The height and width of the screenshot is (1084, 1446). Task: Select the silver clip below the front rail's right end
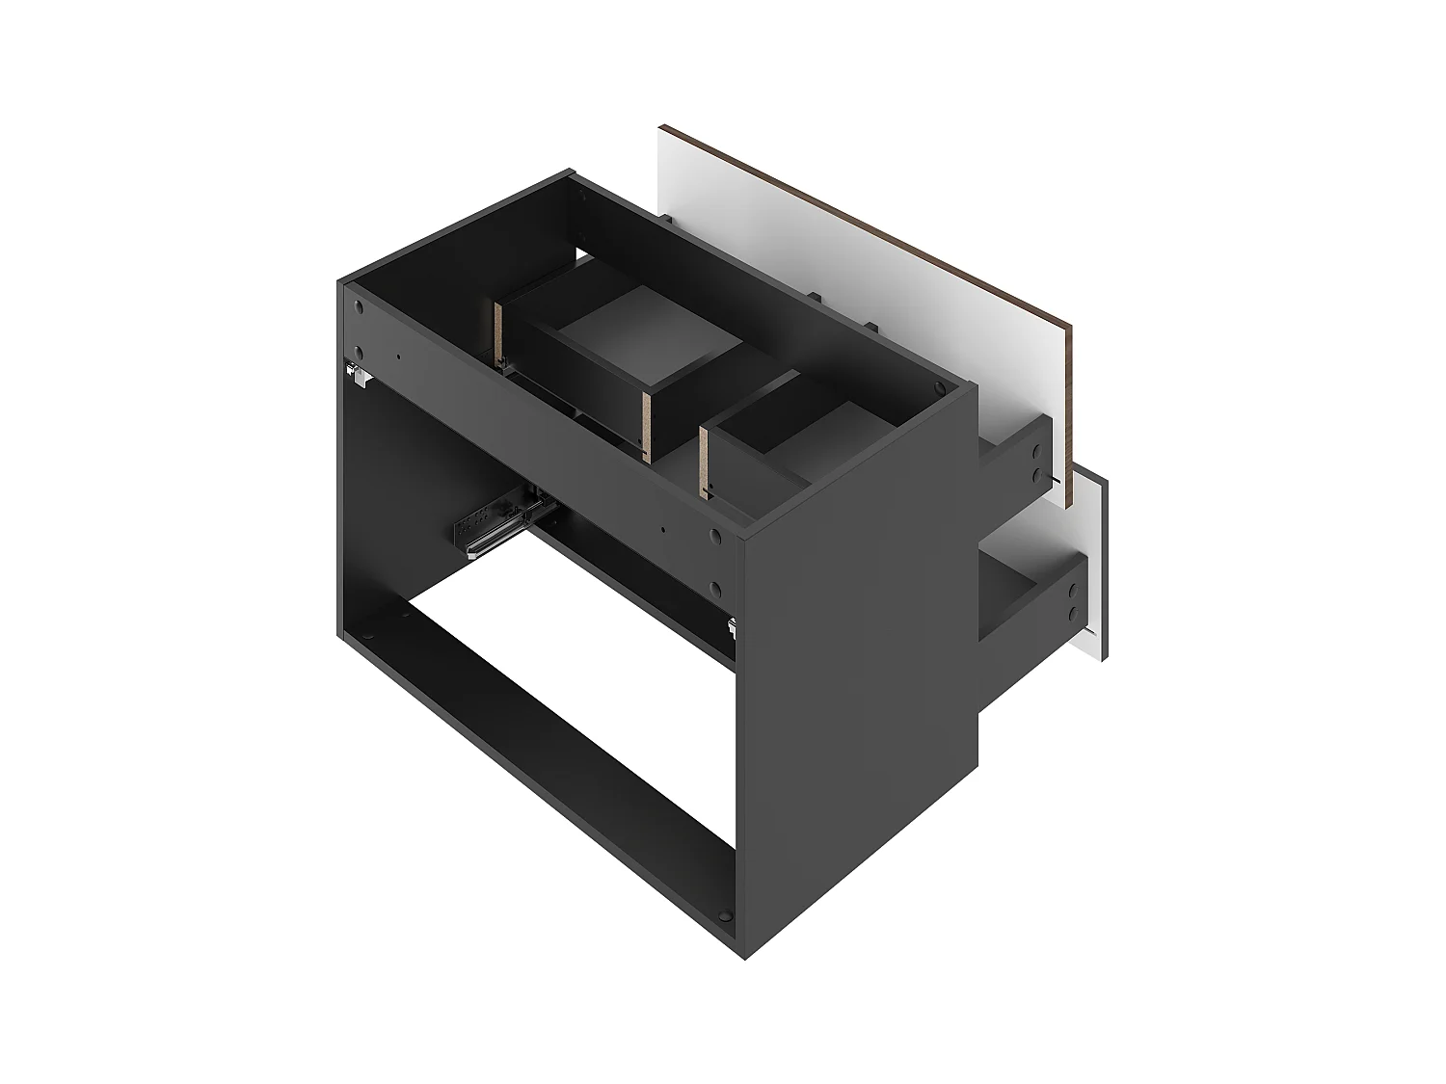click(733, 628)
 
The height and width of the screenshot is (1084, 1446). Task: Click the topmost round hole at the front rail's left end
click(360, 309)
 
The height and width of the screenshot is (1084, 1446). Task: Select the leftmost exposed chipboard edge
click(499, 334)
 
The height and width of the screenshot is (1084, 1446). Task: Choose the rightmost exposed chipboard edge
click(705, 463)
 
